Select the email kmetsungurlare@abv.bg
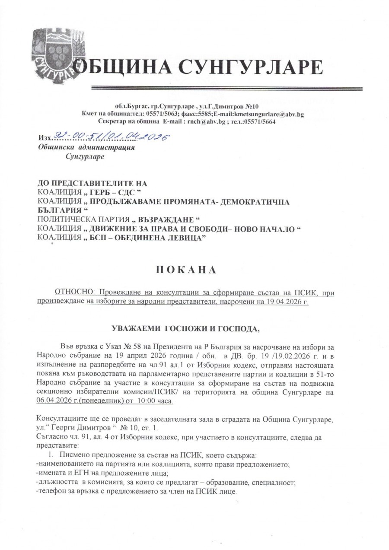[x=268, y=114]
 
